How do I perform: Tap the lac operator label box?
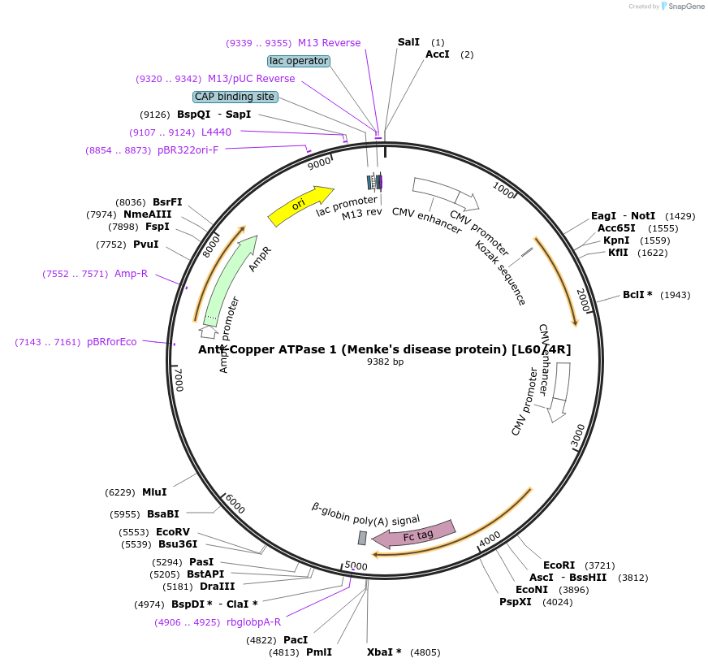(299, 61)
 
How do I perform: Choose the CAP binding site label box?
(235, 97)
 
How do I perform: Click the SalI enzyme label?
(409, 41)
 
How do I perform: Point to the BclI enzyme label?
(637, 294)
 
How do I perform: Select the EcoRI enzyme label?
(559, 565)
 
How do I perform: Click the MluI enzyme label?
(154, 492)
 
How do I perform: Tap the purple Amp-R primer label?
(131, 274)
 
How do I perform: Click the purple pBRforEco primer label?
(112, 342)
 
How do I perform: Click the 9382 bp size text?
(385, 362)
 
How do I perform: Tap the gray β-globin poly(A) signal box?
(362, 538)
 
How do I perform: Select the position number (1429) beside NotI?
(680, 216)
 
